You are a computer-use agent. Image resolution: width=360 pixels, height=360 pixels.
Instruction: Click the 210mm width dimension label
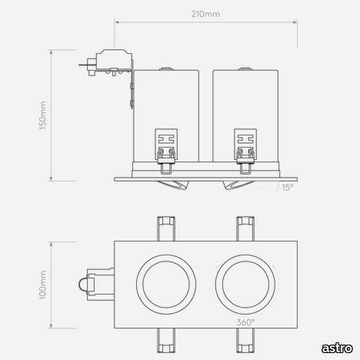click(x=206, y=14)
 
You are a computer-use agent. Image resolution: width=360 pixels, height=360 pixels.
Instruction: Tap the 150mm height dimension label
click(x=43, y=116)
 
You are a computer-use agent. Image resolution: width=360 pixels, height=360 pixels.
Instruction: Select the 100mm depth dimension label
click(x=43, y=285)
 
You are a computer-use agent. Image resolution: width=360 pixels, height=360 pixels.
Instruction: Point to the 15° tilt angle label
click(x=287, y=187)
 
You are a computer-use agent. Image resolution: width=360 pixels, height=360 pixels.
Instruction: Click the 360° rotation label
click(x=246, y=322)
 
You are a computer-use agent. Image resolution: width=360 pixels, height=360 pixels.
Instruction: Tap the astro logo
click(x=337, y=348)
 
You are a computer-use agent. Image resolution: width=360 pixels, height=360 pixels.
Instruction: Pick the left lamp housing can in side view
click(x=166, y=116)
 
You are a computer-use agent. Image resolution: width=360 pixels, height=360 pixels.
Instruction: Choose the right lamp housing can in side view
click(x=246, y=116)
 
